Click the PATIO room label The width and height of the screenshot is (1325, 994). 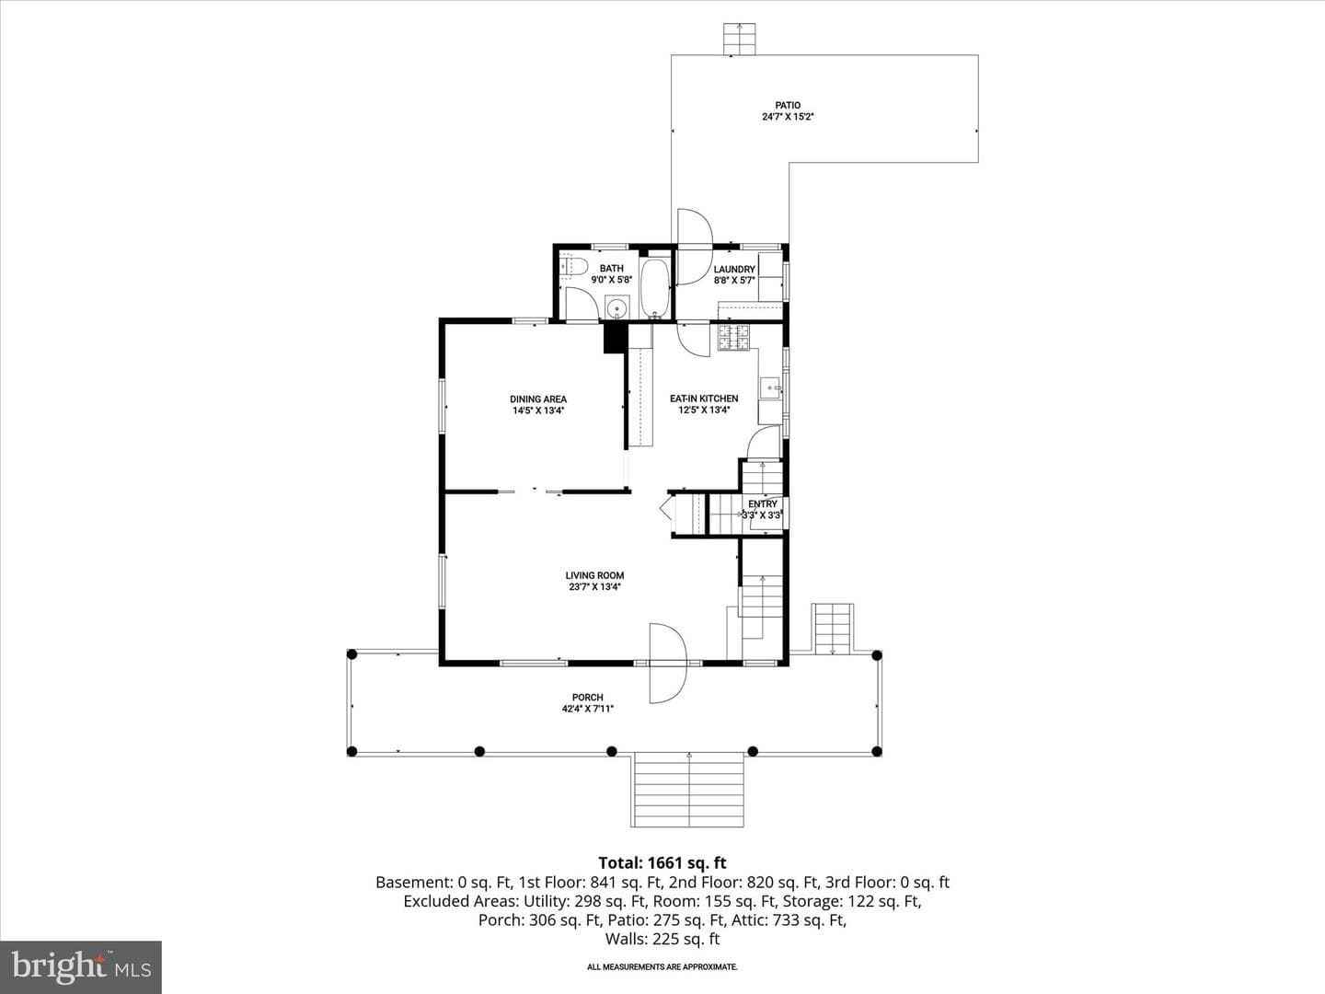(788, 106)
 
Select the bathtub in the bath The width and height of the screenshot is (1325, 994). (653, 288)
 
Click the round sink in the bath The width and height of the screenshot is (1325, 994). (616, 307)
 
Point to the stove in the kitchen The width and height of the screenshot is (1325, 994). (733, 338)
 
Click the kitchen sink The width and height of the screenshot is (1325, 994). (769, 387)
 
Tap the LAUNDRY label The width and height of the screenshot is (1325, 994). (734, 269)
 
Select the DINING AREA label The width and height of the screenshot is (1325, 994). (538, 399)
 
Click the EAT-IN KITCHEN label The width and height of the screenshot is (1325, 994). (704, 399)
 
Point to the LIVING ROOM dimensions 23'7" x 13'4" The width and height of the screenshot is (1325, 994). (594, 586)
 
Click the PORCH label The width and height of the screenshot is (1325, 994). (587, 697)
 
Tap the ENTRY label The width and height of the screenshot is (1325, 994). (763, 504)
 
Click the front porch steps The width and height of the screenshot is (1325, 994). (688, 790)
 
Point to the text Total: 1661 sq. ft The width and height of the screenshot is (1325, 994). (662, 862)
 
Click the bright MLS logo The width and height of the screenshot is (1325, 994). (81, 967)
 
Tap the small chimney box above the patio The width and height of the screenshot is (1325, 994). (740, 40)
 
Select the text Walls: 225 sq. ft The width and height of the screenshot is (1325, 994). (662, 939)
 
